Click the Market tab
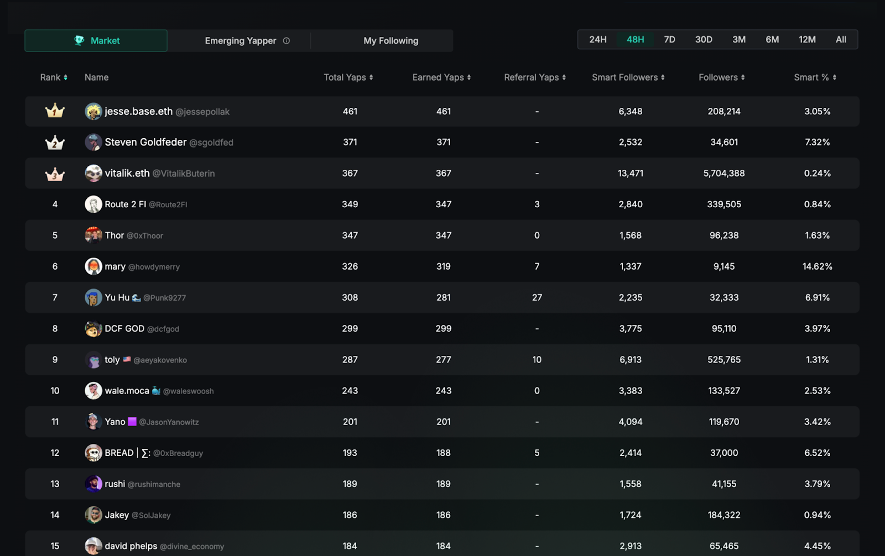click(96, 41)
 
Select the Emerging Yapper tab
click(240, 41)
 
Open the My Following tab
click(391, 41)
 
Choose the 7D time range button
click(669, 40)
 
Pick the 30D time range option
click(704, 40)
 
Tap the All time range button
click(841, 40)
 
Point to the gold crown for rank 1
click(55, 111)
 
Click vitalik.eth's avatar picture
click(93, 173)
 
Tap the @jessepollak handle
click(202, 112)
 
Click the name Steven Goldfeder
click(145, 142)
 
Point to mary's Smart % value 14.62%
click(817, 266)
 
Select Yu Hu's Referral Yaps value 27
click(537, 297)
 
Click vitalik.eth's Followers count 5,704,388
click(723, 173)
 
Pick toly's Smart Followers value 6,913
click(630, 360)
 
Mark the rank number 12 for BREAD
click(55, 453)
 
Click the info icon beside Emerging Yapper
click(287, 41)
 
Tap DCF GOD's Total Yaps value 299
click(350, 328)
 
